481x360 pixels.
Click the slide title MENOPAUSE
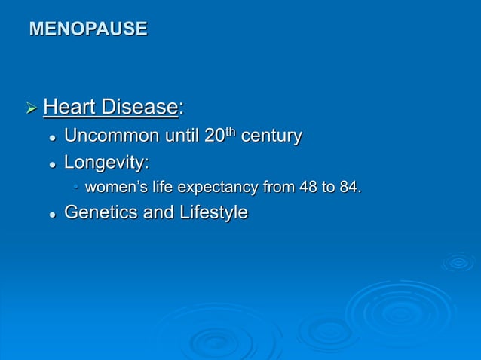point(87,29)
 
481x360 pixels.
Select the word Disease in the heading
point(140,108)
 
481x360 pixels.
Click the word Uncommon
point(112,136)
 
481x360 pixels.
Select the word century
point(271,136)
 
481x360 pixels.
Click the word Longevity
point(105,162)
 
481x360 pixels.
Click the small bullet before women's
point(76,188)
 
